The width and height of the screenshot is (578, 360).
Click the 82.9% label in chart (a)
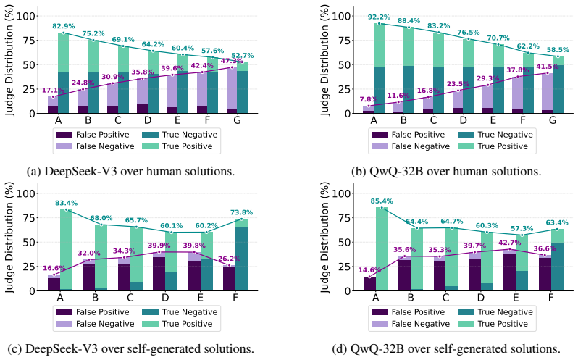tap(64, 26)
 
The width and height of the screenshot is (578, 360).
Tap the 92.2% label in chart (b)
tap(379, 17)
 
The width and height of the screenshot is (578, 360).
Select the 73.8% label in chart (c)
tap(241, 212)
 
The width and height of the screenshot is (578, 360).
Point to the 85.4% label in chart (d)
tap(382, 201)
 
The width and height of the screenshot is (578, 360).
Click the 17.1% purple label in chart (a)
tap(53, 91)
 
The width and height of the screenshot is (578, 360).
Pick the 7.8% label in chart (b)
tap(368, 99)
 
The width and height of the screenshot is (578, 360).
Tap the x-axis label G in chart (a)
tap(237, 120)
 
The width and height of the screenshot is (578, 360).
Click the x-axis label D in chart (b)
tap(463, 120)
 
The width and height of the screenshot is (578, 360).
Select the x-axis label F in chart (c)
tap(235, 298)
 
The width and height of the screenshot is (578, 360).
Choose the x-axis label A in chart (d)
tap(375, 298)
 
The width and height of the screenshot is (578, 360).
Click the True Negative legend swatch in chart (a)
tap(150, 135)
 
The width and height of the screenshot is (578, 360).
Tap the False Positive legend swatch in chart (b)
tap(380, 135)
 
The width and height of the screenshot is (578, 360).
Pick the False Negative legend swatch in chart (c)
tap(64, 324)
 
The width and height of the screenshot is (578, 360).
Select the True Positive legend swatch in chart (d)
tap(466, 324)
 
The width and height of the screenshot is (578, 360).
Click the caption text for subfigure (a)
tap(131, 172)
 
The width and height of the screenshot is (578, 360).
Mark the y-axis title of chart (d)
tap(324, 238)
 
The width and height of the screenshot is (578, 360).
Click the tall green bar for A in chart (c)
tap(67, 250)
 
